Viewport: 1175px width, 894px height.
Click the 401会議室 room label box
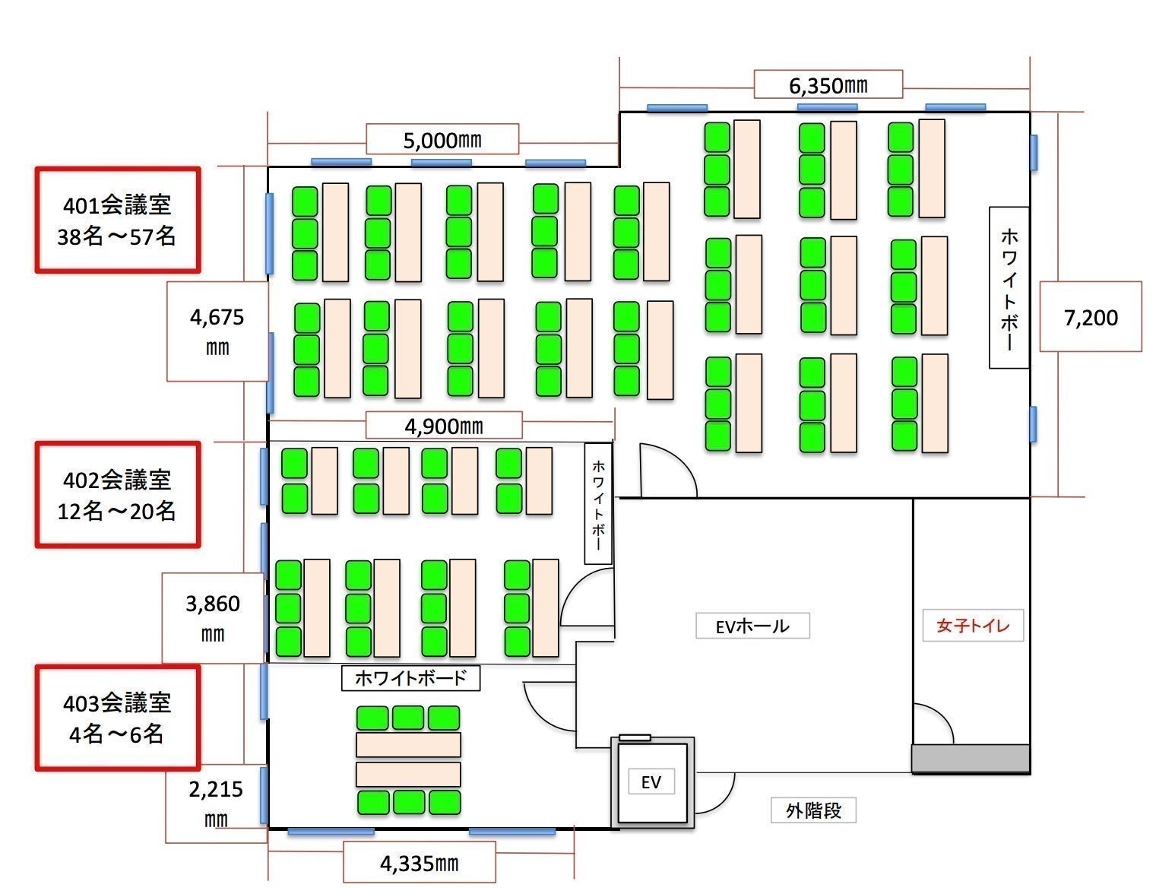118,220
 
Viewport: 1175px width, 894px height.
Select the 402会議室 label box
118,495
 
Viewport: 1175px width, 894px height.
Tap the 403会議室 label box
118,718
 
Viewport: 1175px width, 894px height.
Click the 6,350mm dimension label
828,84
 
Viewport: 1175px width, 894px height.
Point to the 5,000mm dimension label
442,140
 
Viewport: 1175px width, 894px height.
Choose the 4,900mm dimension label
444,426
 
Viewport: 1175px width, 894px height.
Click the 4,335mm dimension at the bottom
419,863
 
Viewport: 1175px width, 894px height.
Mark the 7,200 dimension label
1091,317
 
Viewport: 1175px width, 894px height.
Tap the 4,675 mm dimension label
217,331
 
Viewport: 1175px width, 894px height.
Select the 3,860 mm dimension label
213,618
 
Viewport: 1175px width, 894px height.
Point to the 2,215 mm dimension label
216,803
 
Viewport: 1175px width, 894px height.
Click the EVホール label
752,626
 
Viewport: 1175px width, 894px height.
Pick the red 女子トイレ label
973,625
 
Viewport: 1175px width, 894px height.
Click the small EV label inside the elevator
651,781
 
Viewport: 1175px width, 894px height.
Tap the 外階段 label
814,810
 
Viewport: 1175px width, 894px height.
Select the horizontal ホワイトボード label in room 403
410,678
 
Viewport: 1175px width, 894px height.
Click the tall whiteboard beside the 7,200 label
1009,287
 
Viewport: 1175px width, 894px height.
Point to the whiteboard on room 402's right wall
598,503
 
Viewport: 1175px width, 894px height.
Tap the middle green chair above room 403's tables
408,718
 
